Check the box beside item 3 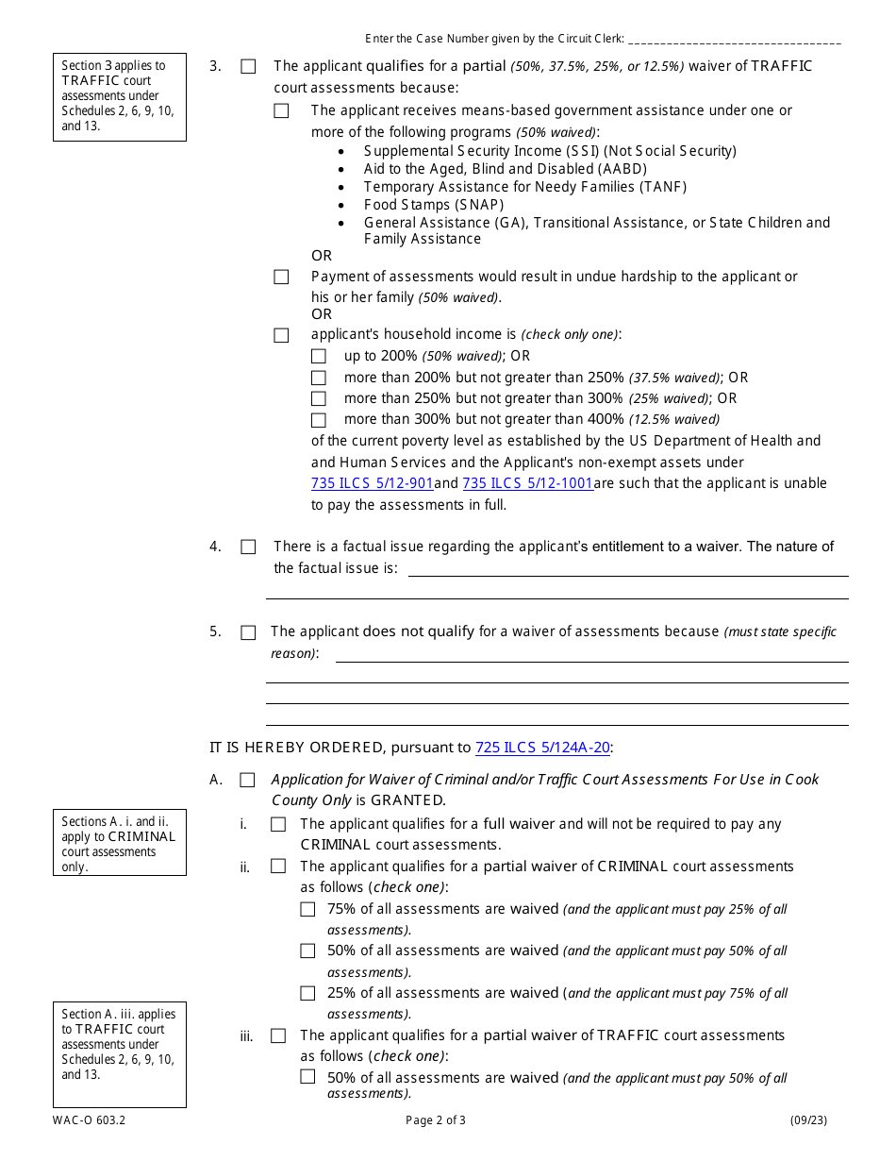coord(248,67)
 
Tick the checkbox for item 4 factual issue coord(248,547)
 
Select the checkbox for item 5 coord(248,632)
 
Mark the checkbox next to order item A coord(247,781)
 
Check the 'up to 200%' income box coord(319,357)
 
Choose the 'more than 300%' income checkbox coord(319,420)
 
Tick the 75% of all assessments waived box coord(307,910)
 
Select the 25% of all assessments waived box coord(307,993)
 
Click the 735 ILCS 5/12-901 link coord(373,483)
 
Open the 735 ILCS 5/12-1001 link coord(528,483)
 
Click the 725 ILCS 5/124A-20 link coord(543,748)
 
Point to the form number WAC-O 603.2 coord(83,1121)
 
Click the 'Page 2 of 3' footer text coord(436,1121)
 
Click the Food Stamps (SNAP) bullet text coord(434,205)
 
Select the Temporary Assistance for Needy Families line coord(525,187)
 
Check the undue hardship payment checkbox coord(281,278)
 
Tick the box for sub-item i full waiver coord(278,825)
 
